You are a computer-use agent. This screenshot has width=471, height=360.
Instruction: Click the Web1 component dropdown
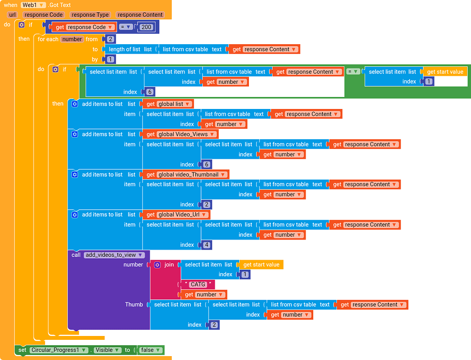pos(34,5)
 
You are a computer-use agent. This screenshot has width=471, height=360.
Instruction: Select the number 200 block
pos(146,27)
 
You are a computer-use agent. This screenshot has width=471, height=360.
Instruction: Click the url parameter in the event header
pos(12,15)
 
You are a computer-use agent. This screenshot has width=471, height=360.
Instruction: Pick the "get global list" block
pos(167,104)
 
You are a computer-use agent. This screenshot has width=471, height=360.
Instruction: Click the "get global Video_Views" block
pos(180,134)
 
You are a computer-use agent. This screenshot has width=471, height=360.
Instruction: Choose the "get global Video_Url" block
pos(176,215)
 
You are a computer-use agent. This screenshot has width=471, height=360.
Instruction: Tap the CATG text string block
pos(198,285)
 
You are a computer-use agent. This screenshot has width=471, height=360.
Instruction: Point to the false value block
pos(150,350)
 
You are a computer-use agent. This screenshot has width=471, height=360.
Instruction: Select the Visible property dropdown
pos(106,350)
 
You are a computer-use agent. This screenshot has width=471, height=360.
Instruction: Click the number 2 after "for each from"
pos(110,39)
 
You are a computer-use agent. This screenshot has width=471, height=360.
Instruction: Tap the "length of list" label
pos(123,49)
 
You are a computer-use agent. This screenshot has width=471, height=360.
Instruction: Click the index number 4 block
pos(206,245)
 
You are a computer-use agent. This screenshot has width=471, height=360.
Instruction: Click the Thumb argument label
pos(134,304)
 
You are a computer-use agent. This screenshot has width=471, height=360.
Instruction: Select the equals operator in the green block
pos(353,72)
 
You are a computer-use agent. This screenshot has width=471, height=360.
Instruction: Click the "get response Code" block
pos(84,27)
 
